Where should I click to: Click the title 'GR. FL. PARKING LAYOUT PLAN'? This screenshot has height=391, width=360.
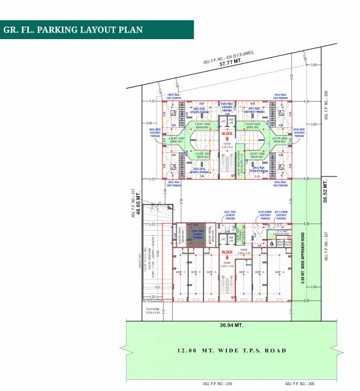pos(73,30)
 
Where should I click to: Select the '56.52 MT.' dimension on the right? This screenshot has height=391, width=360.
pos(324,194)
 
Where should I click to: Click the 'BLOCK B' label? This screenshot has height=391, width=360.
pos(227,136)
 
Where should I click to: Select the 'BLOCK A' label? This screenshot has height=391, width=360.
pos(227,252)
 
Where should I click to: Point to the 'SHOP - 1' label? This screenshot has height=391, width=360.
pos(180,272)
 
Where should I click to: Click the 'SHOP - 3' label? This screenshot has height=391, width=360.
pos(210,272)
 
